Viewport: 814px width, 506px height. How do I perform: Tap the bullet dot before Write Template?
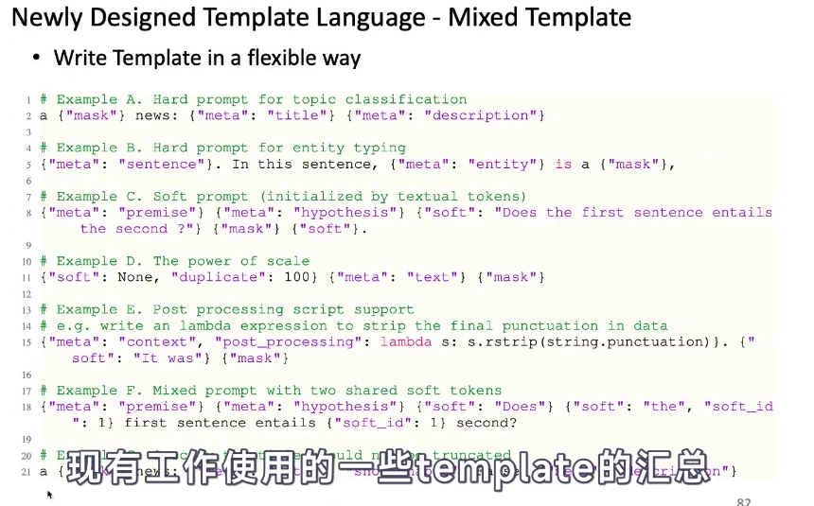point(36,58)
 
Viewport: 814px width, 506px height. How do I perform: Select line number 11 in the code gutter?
point(28,277)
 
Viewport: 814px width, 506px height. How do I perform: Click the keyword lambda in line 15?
point(406,341)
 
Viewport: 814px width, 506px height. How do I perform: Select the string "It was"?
point(150,358)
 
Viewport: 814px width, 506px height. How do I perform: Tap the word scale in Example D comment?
point(290,261)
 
